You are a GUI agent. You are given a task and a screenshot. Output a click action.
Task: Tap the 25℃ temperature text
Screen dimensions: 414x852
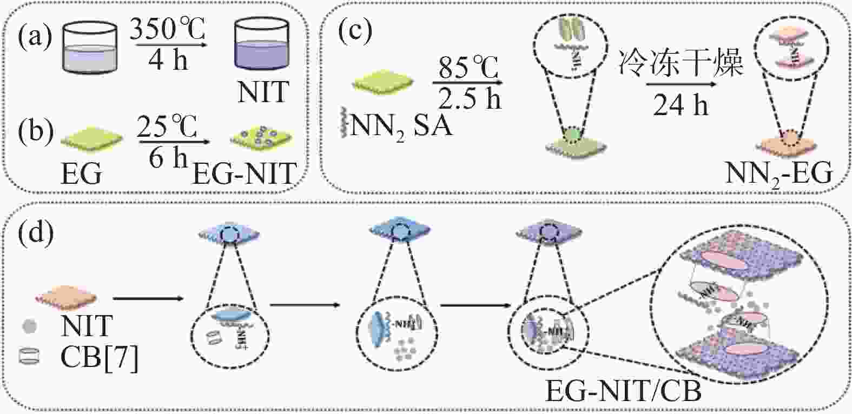pos(167,128)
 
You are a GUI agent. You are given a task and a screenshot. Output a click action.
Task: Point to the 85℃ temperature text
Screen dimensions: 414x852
pos(468,68)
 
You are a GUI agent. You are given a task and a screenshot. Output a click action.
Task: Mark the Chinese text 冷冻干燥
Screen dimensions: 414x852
pos(680,63)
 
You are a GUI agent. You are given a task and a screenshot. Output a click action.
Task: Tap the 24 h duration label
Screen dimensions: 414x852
pos(681,105)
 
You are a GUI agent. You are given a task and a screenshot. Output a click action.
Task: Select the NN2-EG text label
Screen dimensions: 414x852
pos(778,173)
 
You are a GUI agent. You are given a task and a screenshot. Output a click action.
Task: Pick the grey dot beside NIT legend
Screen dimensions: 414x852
pos(31,326)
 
